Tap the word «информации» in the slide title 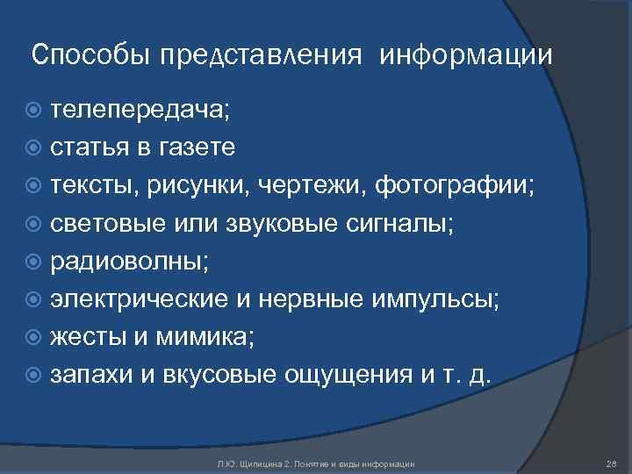[466, 56]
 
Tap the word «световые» [107, 223]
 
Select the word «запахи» [91, 375]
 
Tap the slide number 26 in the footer [612, 463]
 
